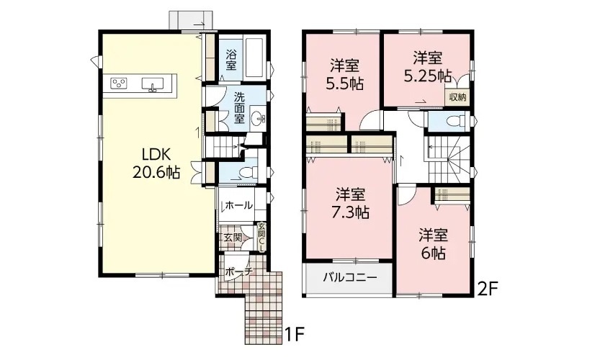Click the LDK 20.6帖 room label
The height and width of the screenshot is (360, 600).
tap(156, 163)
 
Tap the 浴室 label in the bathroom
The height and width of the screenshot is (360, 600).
tap(230, 60)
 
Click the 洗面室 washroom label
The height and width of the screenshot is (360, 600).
tap(239, 107)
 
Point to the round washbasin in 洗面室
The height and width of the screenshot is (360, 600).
tap(258, 119)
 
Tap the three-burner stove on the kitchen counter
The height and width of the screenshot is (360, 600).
tap(119, 84)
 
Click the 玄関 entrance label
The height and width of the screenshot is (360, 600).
tap(233, 238)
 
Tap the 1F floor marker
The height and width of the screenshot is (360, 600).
tap(295, 335)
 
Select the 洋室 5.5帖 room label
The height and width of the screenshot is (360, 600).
tap(344, 75)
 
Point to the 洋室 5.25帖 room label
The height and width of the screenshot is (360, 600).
tap(427, 68)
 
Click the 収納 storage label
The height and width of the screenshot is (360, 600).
tap(457, 97)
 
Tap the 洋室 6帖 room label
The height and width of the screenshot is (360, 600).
tap(433, 244)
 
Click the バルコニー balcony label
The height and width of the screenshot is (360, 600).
tap(350, 277)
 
